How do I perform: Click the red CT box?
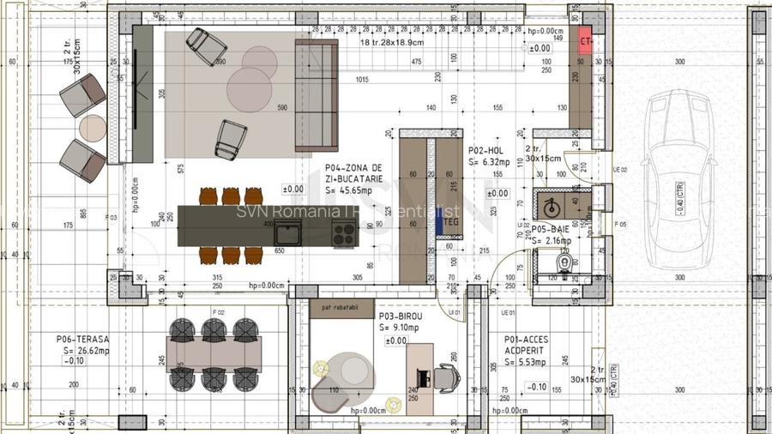tap(586, 41)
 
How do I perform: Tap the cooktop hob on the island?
tap(344, 232)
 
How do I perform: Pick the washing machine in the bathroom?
tap(550, 206)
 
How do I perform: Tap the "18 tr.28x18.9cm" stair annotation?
tap(391, 42)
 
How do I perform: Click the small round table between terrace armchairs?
tap(92, 128)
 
